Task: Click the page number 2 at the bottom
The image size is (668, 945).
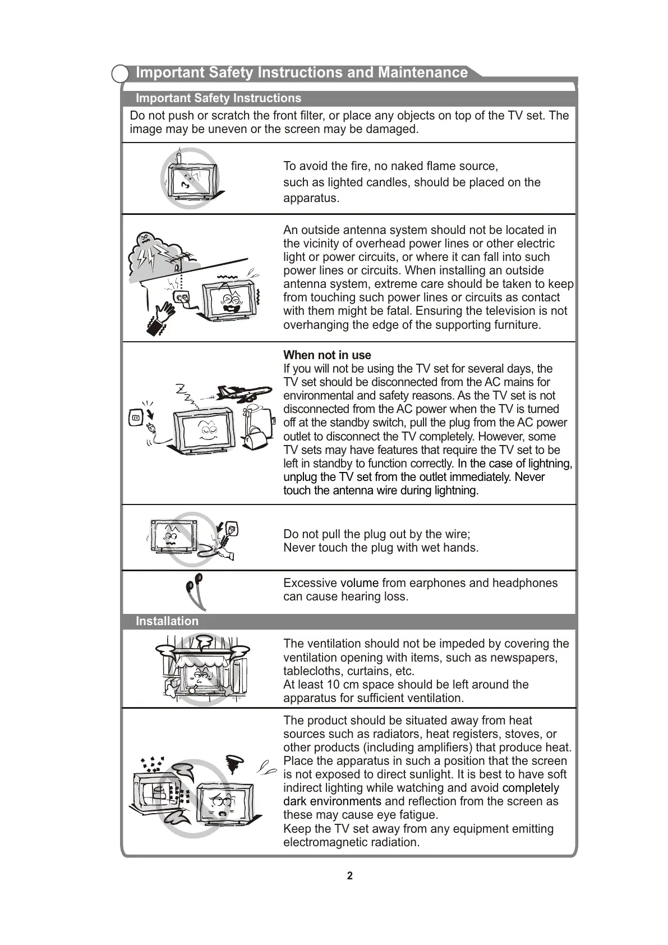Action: (350, 876)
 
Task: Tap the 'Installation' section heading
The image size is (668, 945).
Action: (167, 621)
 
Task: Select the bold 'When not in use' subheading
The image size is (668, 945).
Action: (327, 355)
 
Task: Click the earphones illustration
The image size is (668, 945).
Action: (195, 591)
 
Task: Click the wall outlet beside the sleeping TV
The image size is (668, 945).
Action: (136, 419)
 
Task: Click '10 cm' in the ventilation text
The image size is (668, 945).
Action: (342, 685)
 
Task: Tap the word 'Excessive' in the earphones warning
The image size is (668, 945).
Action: (310, 583)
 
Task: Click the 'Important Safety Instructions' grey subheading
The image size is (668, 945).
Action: (218, 98)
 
